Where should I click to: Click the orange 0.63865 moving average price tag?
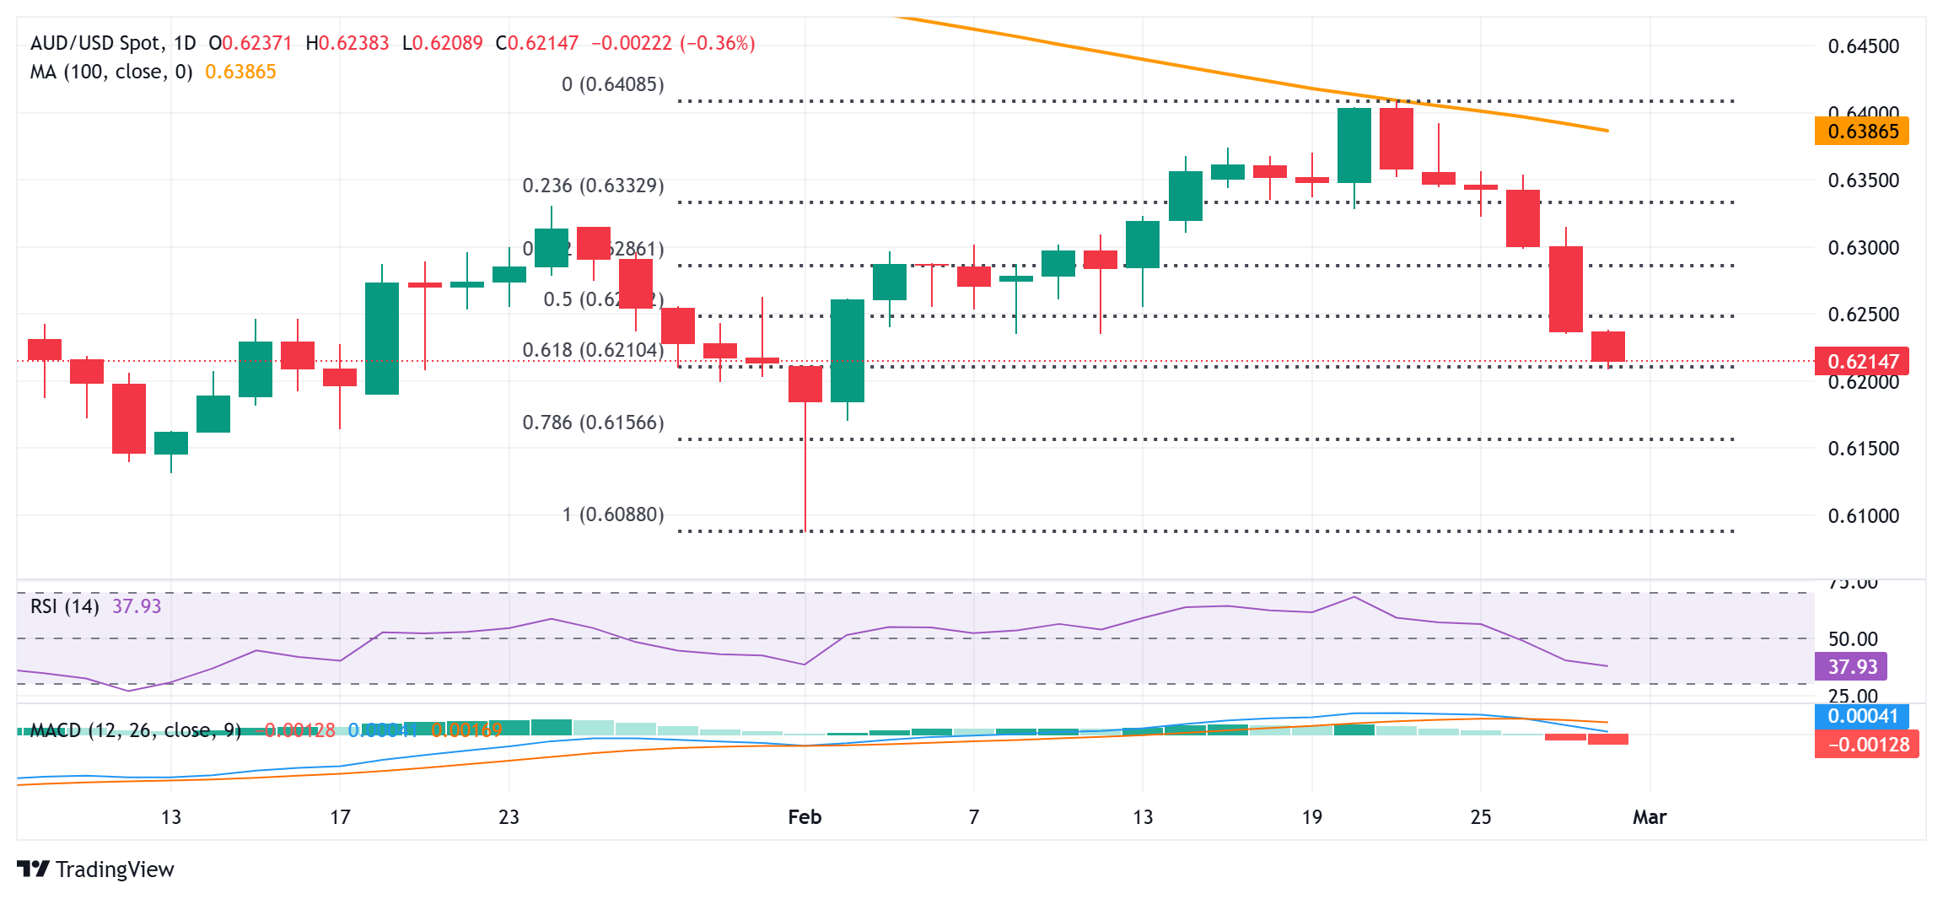point(1861,132)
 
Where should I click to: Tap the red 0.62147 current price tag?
point(1861,362)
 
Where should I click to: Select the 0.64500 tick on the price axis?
point(1863,46)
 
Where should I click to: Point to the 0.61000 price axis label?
point(1863,516)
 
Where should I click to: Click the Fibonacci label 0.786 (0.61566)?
point(593,423)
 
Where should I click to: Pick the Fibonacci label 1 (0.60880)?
point(613,514)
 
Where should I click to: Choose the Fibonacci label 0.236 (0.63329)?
point(593,186)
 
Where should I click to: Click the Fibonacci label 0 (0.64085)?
point(613,84)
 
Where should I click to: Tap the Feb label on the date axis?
point(805,817)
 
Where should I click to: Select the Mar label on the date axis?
point(1650,817)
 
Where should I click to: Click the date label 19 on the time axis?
point(1311,817)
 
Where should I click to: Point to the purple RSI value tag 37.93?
point(1851,667)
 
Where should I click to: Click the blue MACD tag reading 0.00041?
point(1861,717)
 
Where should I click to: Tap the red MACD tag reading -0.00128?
point(1866,745)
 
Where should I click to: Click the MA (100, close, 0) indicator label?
point(111,72)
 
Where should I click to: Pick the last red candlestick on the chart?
point(1607,347)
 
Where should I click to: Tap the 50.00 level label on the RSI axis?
point(1853,639)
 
